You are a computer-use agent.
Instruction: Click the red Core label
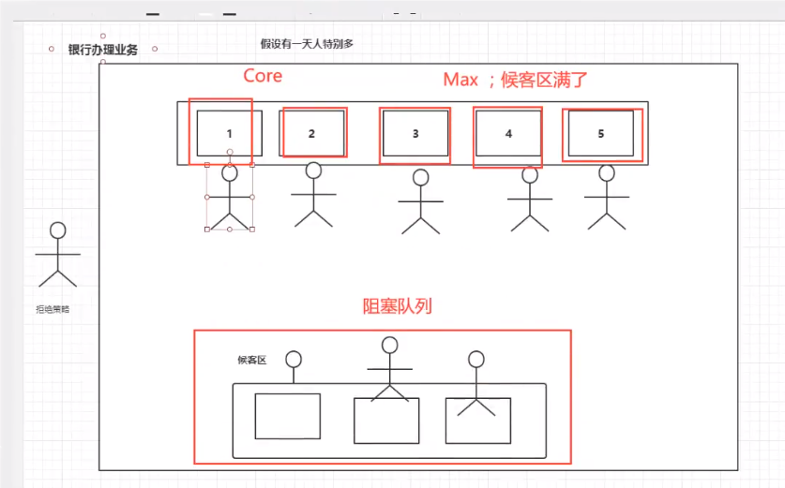pyautogui.click(x=263, y=76)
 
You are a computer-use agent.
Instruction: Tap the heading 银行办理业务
pyautogui.click(x=103, y=50)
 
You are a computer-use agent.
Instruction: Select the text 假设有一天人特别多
pyautogui.click(x=307, y=44)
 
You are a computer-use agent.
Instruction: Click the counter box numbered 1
pyautogui.click(x=230, y=133)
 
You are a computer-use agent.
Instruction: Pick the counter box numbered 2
pyautogui.click(x=312, y=133)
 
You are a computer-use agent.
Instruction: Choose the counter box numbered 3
pyautogui.click(x=415, y=133)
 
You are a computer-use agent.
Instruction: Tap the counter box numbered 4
pyautogui.click(x=508, y=133)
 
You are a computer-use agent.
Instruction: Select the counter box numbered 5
pyautogui.click(x=601, y=133)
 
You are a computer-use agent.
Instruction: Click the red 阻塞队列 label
pyautogui.click(x=397, y=306)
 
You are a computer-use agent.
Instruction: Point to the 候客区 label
pyautogui.click(x=252, y=360)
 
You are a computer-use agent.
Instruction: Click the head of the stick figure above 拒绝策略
pyautogui.click(x=58, y=229)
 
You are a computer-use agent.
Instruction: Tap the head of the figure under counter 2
pyautogui.click(x=313, y=170)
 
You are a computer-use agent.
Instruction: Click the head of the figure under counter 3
pyautogui.click(x=420, y=177)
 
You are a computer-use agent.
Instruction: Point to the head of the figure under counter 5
pyautogui.click(x=607, y=172)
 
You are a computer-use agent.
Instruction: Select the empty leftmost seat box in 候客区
pyautogui.click(x=288, y=416)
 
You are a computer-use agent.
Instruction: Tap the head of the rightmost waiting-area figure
pyautogui.click(x=476, y=359)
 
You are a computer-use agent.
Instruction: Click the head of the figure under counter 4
pyautogui.click(x=530, y=174)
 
